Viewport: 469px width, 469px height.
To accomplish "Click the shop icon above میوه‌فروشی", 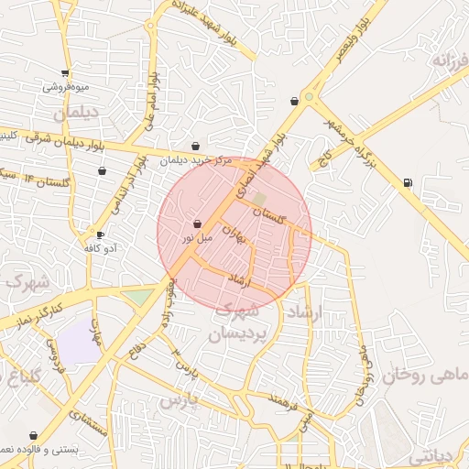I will (x=64, y=73).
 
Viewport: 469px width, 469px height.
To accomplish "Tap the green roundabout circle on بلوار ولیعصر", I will (x=310, y=96).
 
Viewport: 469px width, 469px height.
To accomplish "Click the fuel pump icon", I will (x=407, y=181).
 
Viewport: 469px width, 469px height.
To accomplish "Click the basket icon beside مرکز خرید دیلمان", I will (x=196, y=146).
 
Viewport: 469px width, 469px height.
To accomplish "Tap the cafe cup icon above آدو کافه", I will (x=100, y=234).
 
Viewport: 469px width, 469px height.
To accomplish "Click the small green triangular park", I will (x=139, y=297).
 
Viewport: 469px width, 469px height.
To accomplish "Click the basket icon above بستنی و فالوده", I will (x=34, y=435).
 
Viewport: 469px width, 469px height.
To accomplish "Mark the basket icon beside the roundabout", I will (x=293, y=101).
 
